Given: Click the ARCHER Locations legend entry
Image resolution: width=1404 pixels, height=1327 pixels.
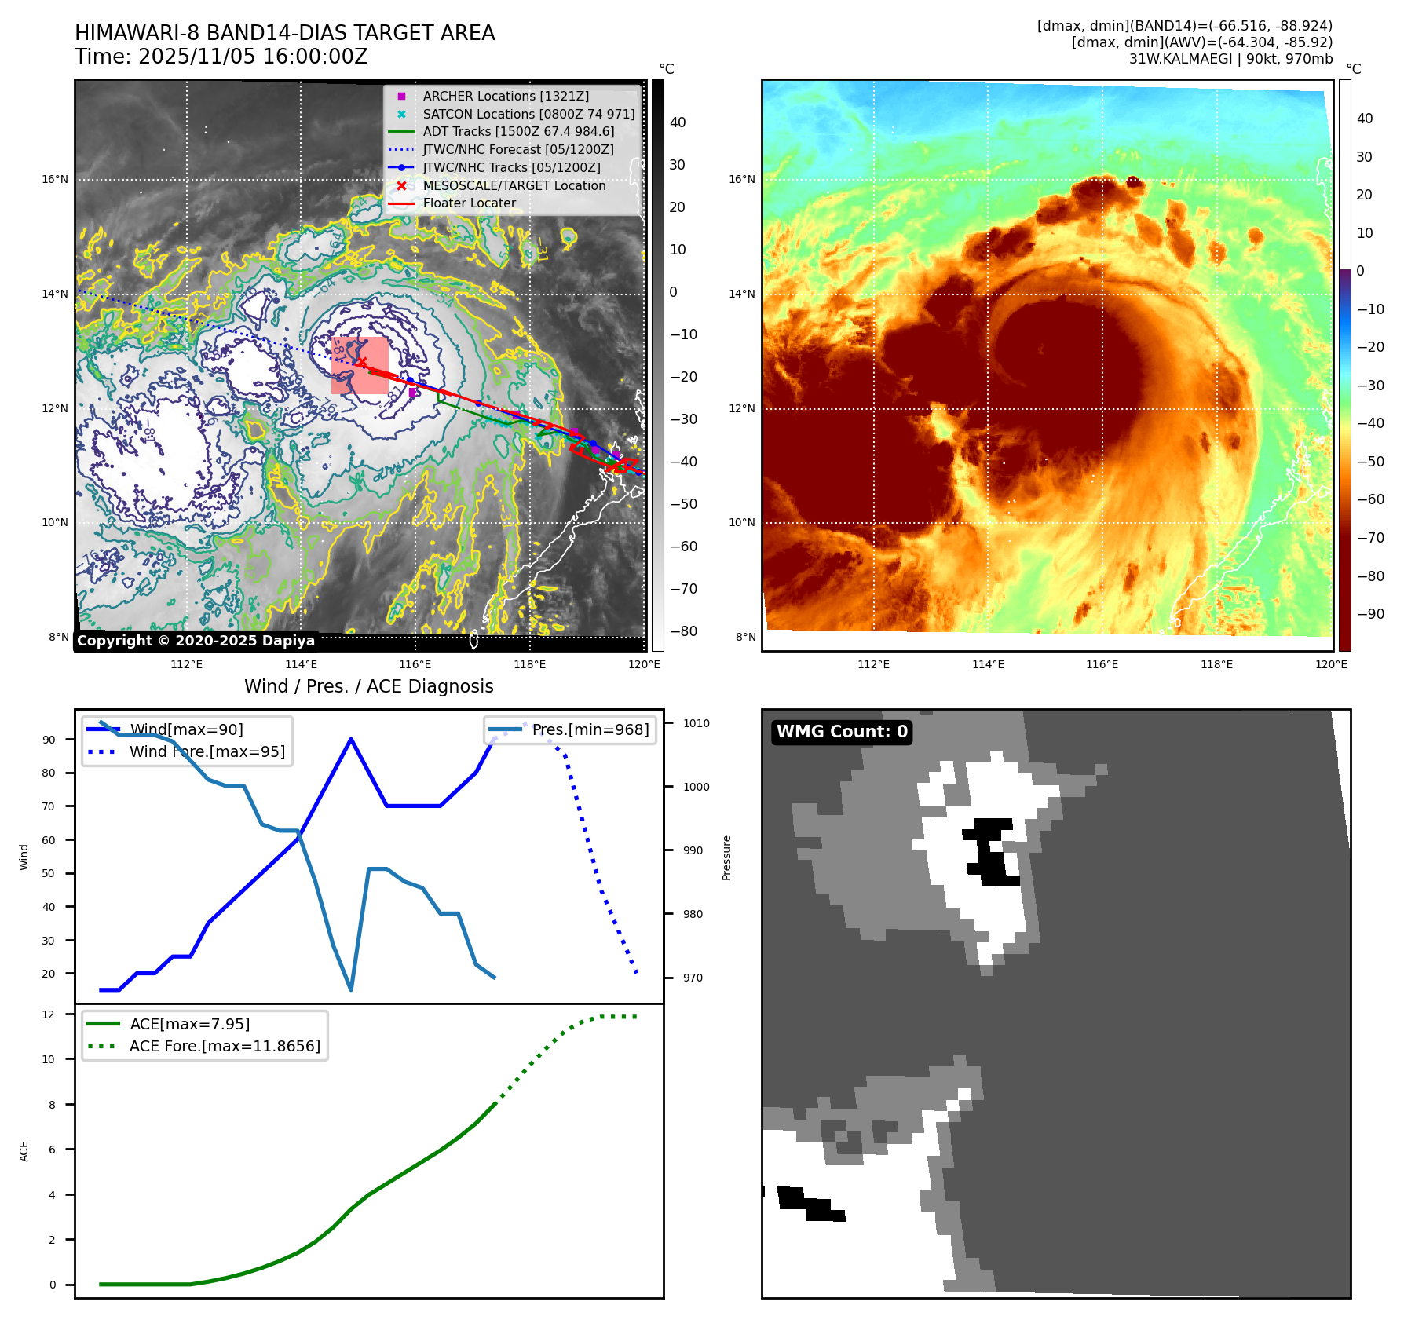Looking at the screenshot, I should (505, 96).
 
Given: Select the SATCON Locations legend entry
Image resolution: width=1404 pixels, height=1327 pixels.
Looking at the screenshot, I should (528, 114).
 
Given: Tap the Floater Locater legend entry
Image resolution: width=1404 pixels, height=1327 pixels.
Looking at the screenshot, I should (469, 203).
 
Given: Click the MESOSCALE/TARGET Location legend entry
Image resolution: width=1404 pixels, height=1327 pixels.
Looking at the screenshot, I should (514, 185).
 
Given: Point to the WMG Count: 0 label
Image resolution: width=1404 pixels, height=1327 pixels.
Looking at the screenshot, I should (842, 732).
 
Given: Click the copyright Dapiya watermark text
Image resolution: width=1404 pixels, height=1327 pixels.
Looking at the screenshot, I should (196, 641).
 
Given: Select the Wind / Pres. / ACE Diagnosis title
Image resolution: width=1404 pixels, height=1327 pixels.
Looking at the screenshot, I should (368, 686).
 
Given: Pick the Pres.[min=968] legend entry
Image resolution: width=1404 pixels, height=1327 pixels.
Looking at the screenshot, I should (590, 729).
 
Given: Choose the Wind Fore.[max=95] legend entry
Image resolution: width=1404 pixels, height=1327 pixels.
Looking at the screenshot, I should (207, 751).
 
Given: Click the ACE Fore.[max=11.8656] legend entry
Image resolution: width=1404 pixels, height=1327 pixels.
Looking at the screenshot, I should (225, 1046).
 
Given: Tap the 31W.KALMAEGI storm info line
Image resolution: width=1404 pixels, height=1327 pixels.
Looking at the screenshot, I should (1230, 59).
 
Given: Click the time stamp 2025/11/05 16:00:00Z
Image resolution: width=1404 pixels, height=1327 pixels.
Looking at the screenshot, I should (221, 57).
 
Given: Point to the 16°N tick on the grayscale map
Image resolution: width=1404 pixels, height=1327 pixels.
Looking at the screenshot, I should (55, 180).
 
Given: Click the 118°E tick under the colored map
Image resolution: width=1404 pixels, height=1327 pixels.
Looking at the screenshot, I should (1216, 664).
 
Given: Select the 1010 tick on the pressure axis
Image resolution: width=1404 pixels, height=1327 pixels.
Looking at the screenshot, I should (696, 723).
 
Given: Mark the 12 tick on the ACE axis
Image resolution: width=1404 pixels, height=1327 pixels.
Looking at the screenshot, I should (49, 1014).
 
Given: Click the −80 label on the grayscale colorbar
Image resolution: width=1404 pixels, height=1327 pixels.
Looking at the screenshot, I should (683, 631).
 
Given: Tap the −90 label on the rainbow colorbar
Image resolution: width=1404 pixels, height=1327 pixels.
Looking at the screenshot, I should (1370, 614).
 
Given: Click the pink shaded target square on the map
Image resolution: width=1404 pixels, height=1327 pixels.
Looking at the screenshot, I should (360, 365).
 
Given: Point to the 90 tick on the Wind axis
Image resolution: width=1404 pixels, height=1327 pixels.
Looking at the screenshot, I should (49, 740).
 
